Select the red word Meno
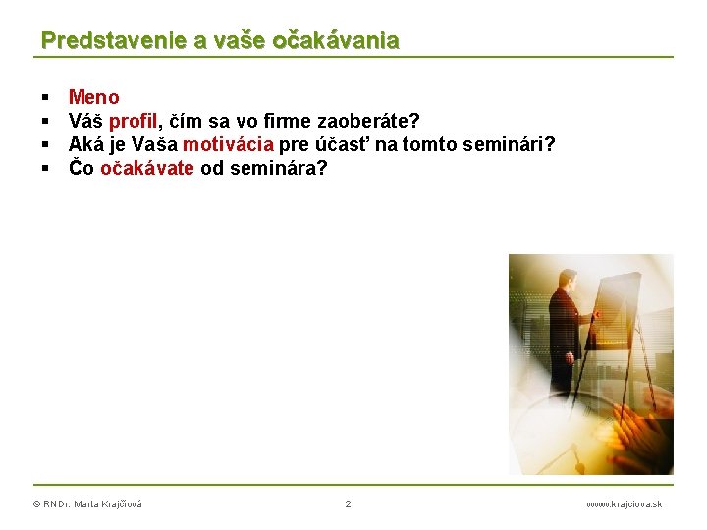[x=93, y=97]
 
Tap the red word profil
[x=133, y=121]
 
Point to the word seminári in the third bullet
[x=516, y=144]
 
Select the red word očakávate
[x=147, y=168]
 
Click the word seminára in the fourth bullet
[x=278, y=168]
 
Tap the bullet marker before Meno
[x=45, y=98]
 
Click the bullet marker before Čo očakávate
[x=45, y=169]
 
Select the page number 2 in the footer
[x=348, y=504]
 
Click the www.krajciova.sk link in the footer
[x=624, y=504]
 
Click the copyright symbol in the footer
[x=36, y=504]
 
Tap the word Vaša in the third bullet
[x=154, y=144]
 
